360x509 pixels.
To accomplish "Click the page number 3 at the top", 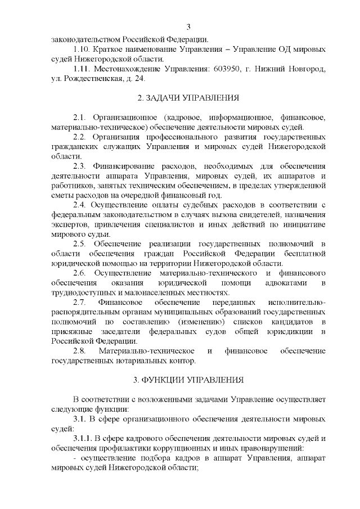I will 188,26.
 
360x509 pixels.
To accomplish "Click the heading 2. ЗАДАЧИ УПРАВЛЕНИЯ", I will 188,98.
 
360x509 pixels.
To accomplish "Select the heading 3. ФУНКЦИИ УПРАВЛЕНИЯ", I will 188,380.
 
